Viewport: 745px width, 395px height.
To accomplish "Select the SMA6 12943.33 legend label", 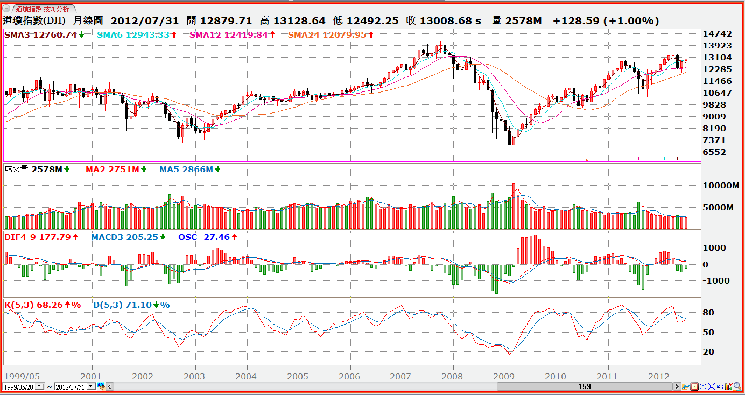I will point(133,35).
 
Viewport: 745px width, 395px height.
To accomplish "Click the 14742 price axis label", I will point(718,34).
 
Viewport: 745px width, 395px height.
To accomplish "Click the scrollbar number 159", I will point(584,386).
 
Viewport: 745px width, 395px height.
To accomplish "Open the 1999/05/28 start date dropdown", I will point(40,386).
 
